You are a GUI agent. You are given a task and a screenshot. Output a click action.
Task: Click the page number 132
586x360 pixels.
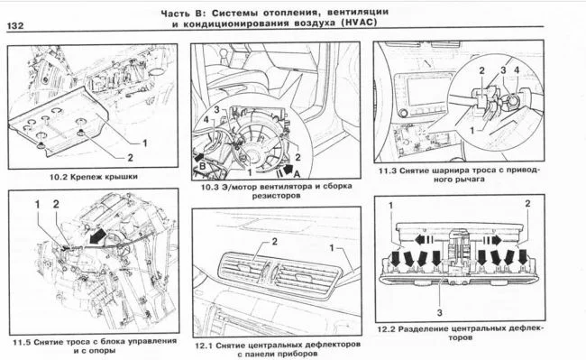15,26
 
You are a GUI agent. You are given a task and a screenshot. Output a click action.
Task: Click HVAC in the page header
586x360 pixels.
358,23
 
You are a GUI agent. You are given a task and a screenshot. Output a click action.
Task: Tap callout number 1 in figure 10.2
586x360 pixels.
144,143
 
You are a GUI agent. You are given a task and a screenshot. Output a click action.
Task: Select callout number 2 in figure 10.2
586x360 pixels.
130,158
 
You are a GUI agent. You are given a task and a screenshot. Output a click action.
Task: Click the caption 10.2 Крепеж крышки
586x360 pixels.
94,177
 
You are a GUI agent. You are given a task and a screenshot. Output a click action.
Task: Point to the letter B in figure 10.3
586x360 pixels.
202,166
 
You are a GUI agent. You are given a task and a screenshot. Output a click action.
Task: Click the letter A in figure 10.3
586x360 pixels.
297,174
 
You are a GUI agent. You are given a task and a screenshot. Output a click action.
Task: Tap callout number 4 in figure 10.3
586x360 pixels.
206,120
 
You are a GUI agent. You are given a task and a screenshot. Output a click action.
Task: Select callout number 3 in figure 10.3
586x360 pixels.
216,109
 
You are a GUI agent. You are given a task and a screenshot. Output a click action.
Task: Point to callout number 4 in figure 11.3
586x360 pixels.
517,69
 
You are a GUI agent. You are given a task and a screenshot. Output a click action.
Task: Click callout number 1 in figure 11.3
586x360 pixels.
472,131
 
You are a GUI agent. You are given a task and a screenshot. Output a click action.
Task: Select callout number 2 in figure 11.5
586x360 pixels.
56,204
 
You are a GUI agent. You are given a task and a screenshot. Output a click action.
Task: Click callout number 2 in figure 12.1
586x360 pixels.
275,242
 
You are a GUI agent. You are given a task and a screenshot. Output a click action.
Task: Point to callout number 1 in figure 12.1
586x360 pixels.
332,248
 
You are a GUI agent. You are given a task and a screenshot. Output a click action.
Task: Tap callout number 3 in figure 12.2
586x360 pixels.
440,312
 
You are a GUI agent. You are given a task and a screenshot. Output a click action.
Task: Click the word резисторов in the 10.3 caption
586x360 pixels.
276,196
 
